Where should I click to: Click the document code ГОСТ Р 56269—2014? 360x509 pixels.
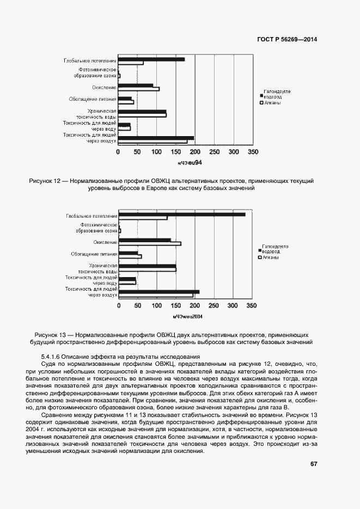[x=286, y=39]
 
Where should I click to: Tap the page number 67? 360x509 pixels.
[x=314, y=464]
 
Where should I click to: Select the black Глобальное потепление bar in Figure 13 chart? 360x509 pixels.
[x=182, y=214]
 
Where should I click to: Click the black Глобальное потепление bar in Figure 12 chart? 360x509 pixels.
[x=151, y=59]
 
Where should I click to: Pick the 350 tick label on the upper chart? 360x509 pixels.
[x=253, y=152]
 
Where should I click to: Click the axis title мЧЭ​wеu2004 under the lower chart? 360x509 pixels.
[x=187, y=316]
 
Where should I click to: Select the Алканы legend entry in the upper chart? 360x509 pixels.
[x=272, y=103]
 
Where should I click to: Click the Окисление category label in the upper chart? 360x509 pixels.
[x=104, y=87]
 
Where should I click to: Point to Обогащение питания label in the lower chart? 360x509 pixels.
[x=94, y=254]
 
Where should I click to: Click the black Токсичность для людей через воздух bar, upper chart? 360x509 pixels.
[x=156, y=138]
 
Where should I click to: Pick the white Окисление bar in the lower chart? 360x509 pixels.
[x=150, y=244]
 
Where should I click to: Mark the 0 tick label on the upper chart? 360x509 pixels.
[x=118, y=152]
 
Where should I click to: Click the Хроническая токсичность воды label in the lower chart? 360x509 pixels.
[x=97, y=268]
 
